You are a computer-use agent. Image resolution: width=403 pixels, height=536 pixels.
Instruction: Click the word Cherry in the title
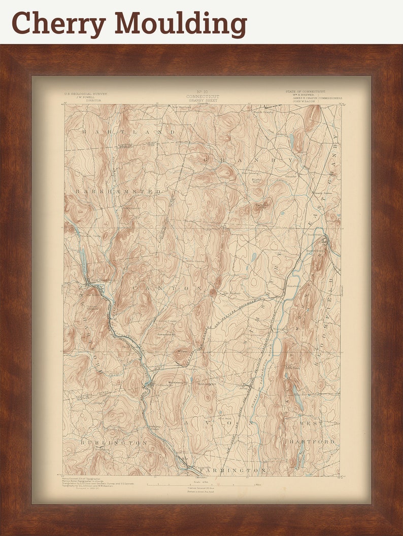click(58, 23)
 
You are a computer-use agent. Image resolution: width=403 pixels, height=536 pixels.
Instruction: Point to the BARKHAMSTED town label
click(118, 191)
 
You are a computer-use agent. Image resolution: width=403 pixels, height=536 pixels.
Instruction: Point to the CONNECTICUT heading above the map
click(203, 96)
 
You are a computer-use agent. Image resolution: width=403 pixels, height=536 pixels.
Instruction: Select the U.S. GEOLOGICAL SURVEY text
click(85, 94)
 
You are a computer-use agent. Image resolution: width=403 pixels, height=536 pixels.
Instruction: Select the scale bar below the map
click(203, 484)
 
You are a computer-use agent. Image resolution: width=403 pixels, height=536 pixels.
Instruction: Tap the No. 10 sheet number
click(202, 92)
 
